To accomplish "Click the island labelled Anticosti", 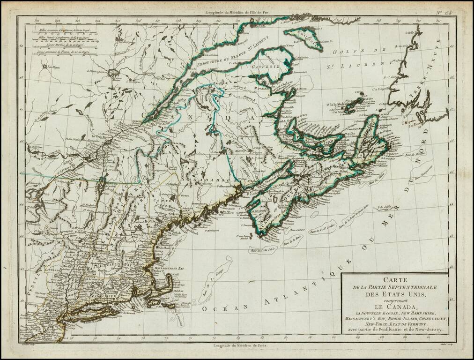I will (x=305, y=37).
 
